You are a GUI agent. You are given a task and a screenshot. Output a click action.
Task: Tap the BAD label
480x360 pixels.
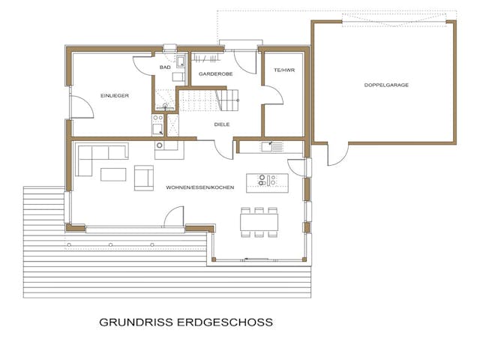coord(165,67)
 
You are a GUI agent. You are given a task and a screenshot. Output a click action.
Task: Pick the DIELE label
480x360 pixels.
coord(221,124)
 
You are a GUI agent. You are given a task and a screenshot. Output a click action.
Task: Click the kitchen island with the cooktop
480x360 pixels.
coord(267,181)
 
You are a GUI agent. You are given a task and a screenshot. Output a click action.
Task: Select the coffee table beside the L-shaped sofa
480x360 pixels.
coord(114,175)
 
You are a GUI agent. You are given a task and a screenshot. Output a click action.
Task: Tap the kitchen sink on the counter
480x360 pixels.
coord(268,145)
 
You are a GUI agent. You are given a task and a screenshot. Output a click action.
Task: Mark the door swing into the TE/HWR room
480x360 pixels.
coord(273,96)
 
